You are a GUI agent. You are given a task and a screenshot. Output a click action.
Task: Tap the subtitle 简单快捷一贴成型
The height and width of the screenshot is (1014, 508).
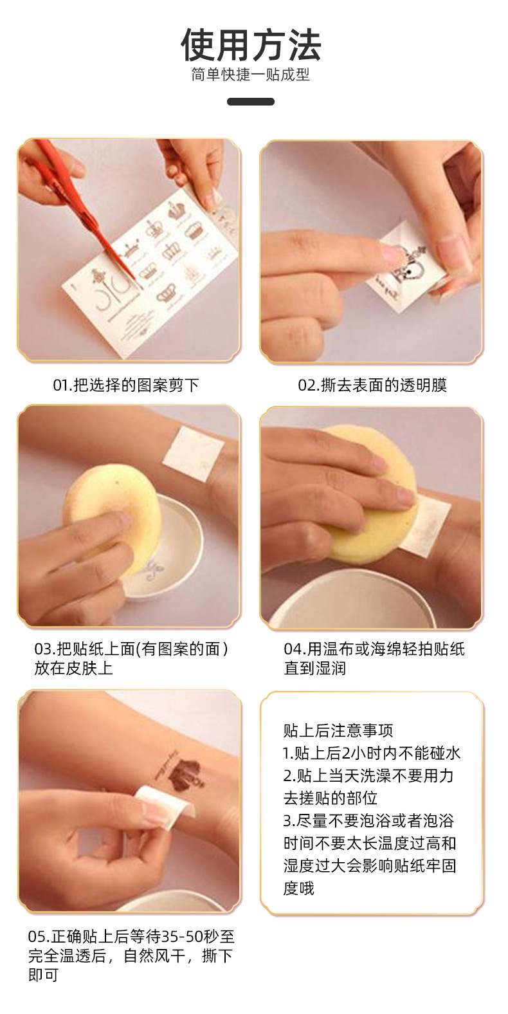[x=251, y=75]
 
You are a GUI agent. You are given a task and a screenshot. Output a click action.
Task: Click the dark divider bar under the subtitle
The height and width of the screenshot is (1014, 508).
[x=251, y=102]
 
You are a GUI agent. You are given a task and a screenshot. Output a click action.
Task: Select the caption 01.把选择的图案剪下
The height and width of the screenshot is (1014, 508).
[x=126, y=385]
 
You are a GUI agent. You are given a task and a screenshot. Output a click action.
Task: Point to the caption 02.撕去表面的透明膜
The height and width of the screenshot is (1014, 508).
[x=372, y=385]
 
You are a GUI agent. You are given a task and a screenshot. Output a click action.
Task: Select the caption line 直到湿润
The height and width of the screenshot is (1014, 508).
[x=315, y=668]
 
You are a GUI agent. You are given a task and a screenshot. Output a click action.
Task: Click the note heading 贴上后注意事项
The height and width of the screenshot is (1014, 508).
[x=338, y=731]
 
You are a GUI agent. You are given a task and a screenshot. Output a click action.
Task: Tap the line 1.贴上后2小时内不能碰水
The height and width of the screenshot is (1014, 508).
[x=372, y=753]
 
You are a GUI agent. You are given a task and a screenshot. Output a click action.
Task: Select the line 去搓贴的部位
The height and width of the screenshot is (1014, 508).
[x=331, y=798]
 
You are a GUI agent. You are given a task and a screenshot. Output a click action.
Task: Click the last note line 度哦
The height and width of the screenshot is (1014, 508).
[x=299, y=889]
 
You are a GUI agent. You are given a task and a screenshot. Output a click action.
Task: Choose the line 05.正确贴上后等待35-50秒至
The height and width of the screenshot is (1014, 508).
[x=131, y=937]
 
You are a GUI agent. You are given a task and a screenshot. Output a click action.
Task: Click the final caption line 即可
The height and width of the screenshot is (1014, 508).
[x=43, y=975]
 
